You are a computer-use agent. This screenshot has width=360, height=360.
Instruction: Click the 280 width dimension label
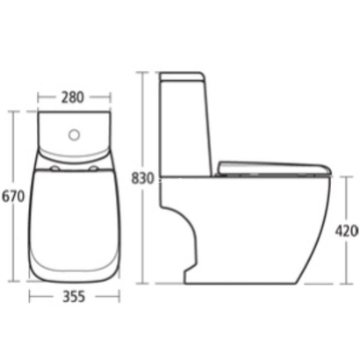coord(74,97)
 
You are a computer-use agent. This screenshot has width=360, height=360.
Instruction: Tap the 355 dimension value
coord(74,297)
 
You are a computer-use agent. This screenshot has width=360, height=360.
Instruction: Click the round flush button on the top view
coord(75,134)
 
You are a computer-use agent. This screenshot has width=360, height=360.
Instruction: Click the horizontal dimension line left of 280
coord(48,97)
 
